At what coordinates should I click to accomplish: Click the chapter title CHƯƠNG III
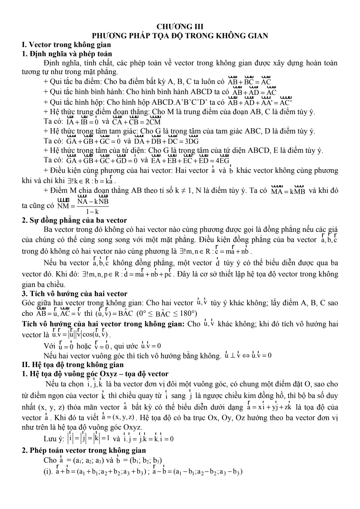pos(180,27)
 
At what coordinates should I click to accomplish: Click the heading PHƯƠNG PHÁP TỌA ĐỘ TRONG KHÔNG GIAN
pos(180,35)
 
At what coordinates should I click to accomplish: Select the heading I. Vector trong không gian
pos(66,45)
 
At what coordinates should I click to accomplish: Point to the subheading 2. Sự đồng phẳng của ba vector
pos(74,220)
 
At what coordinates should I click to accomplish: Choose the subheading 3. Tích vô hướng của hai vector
pos(75,293)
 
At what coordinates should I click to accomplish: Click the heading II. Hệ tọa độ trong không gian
pos(72,365)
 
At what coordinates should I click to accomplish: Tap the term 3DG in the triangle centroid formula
pos(191,142)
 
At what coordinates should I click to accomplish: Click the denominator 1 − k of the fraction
pos(92,211)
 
